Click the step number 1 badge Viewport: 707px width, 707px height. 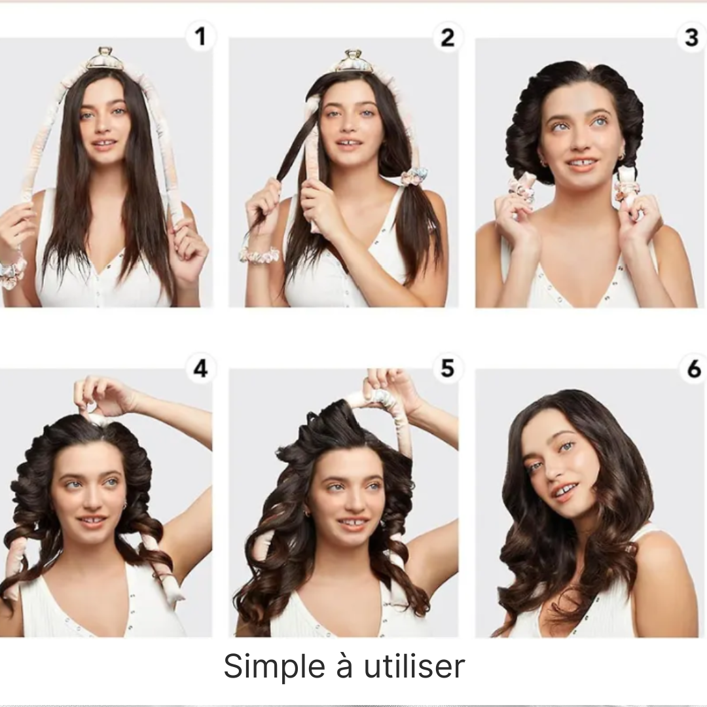click(201, 37)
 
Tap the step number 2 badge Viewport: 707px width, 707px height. click(447, 37)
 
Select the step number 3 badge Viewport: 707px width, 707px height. click(692, 37)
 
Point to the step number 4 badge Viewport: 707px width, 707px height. click(201, 369)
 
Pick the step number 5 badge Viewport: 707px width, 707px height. click(447, 369)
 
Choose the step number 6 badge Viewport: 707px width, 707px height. click(693, 369)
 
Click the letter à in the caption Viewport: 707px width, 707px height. click(344, 666)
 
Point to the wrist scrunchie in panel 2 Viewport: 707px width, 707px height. click(259, 255)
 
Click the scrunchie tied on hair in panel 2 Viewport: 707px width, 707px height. click(414, 177)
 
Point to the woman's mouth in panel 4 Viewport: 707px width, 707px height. click(92, 521)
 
